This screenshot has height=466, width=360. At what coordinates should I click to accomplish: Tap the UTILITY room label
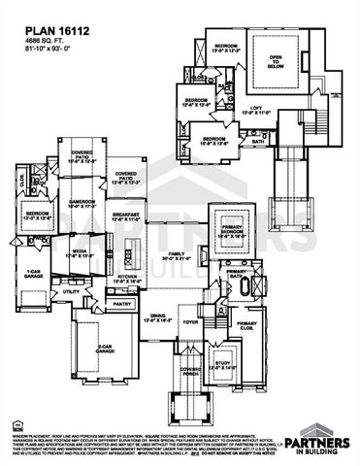click(71, 291)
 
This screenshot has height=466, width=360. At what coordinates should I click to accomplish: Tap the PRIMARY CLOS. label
click(246, 324)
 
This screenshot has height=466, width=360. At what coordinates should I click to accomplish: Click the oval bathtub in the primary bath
click(256, 286)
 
